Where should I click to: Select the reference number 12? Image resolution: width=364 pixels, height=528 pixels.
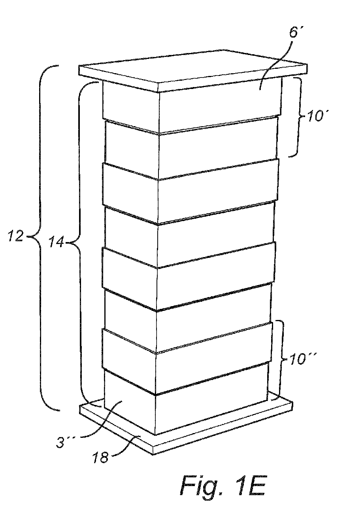[x=15, y=236]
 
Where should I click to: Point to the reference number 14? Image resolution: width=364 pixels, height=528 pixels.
[x=56, y=242]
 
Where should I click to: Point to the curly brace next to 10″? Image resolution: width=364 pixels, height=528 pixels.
[x=282, y=360]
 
